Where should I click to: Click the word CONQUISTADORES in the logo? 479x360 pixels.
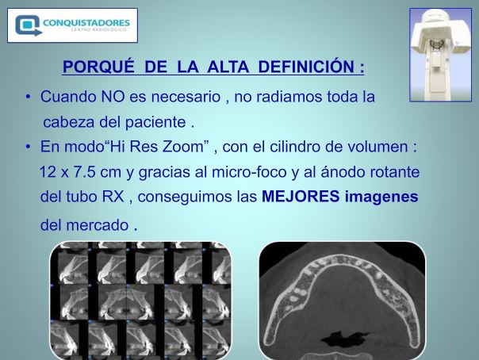point(86,22)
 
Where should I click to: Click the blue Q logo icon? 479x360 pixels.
point(28,25)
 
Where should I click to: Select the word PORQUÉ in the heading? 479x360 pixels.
point(98,67)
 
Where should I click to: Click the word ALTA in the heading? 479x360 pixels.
point(228,67)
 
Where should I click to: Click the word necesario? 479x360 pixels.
point(186,97)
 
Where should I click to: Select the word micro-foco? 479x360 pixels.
point(249,172)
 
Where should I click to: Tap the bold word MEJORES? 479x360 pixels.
point(301,197)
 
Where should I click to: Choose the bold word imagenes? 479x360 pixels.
point(381,197)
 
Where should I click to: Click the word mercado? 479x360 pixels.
point(98,225)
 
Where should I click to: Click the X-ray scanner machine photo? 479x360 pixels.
point(440,55)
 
